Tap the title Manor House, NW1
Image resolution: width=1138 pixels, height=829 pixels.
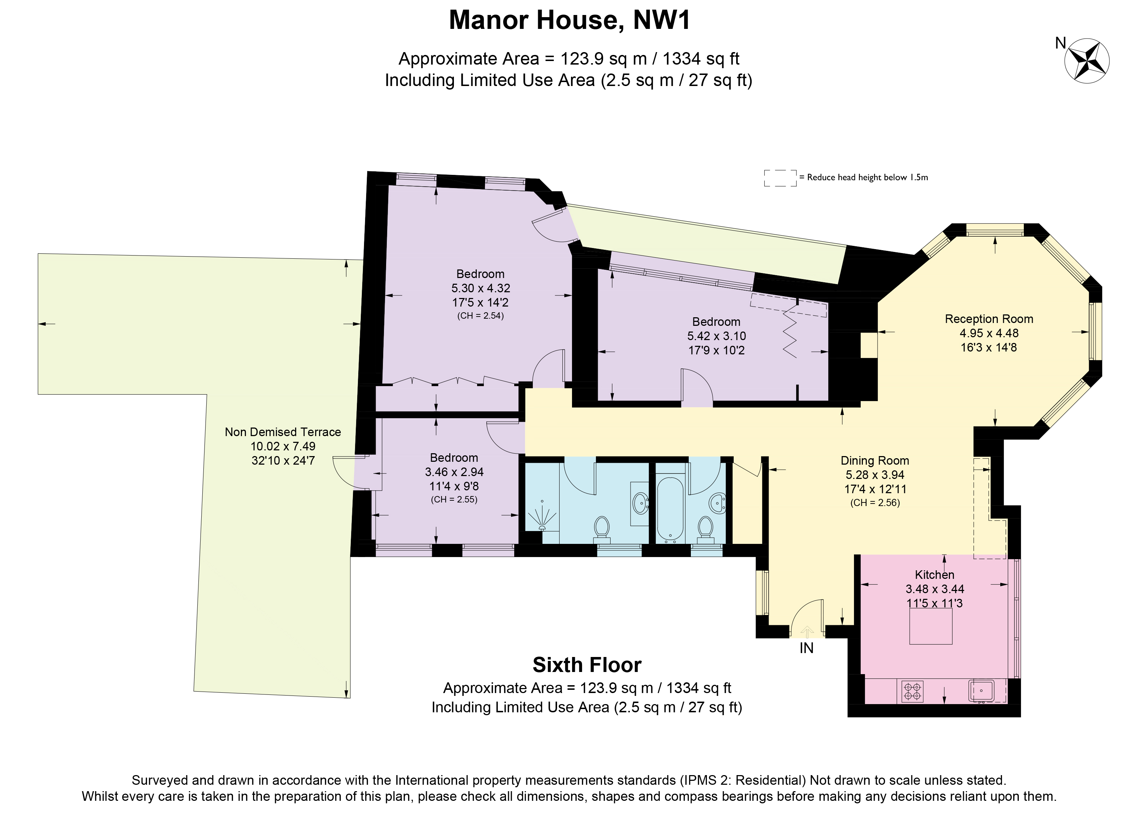click(570, 21)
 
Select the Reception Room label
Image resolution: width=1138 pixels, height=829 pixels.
click(989, 319)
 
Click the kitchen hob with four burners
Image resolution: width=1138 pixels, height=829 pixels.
click(912, 691)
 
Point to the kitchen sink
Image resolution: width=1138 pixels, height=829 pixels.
click(981, 691)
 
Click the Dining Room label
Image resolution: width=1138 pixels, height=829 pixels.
click(875, 461)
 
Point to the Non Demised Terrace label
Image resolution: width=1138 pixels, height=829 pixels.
click(283, 432)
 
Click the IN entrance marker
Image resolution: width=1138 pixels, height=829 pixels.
click(806, 648)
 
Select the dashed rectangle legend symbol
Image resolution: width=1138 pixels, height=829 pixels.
click(780, 178)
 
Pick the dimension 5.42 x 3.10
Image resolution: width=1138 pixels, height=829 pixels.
click(717, 336)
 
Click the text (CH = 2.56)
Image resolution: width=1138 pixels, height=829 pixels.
click(875, 503)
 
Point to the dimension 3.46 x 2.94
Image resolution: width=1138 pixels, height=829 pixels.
click(454, 472)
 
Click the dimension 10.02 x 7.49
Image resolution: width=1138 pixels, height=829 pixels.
click(283, 446)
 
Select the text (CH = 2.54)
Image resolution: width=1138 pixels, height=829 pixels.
click(480, 315)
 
